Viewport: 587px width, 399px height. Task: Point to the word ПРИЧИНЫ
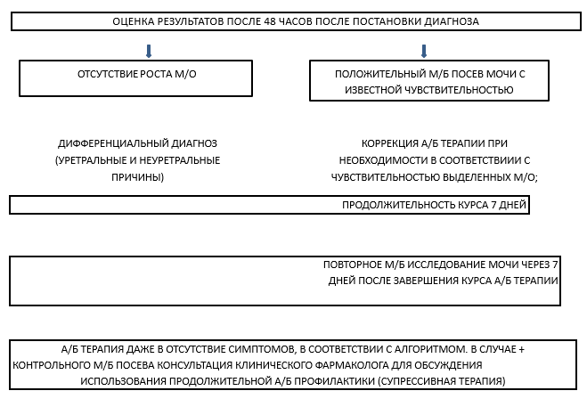[x=136, y=177]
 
